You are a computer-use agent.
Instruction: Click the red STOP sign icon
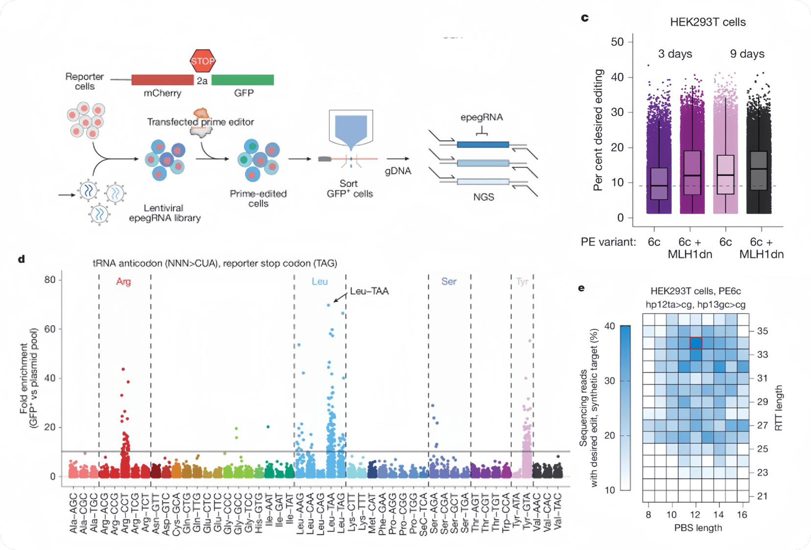[203, 61]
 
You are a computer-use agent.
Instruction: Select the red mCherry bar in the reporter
[162, 80]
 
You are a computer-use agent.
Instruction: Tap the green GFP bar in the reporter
[243, 80]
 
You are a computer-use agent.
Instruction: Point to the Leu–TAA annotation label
[369, 291]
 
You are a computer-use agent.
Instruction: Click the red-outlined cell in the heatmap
[695, 343]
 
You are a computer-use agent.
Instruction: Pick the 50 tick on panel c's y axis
[617, 42]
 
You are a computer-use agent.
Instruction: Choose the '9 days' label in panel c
[747, 54]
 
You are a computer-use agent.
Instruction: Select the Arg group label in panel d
[123, 282]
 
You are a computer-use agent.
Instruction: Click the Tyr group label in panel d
[522, 282]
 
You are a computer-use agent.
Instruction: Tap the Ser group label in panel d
[449, 282]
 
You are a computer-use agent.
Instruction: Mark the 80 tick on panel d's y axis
[50, 280]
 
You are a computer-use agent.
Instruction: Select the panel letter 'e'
[581, 288]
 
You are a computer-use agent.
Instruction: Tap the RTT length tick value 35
[763, 331]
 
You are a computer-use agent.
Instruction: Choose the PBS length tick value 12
[695, 514]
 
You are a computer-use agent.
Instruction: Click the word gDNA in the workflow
[398, 171]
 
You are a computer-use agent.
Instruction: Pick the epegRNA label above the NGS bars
[482, 117]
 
